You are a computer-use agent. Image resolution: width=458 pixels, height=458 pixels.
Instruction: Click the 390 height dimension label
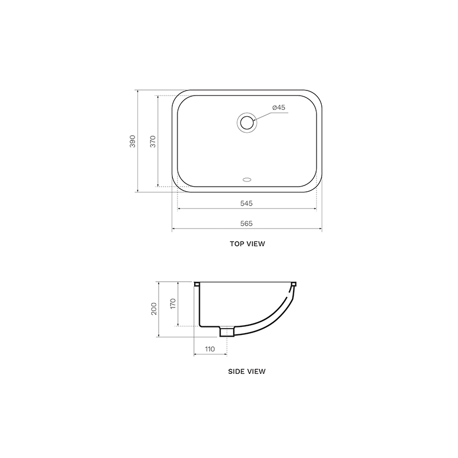click(132, 141)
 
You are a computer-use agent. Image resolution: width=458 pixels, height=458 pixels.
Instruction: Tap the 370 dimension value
click(152, 141)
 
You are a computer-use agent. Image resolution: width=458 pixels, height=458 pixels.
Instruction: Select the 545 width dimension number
click(247, 203)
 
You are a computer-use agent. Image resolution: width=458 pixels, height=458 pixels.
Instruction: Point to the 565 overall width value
click(247, 223)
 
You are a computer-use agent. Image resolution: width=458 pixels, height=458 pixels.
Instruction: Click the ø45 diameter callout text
click(279, 108)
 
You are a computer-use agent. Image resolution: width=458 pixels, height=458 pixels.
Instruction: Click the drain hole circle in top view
click(247, 122)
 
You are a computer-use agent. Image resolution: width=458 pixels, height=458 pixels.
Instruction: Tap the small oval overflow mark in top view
click(247, 179)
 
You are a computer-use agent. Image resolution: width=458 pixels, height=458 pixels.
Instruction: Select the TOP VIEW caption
click(247, 244)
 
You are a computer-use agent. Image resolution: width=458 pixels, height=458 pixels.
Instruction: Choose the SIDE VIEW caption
click(247, 371)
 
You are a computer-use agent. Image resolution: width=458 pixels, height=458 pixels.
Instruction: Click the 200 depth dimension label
click(153, 309)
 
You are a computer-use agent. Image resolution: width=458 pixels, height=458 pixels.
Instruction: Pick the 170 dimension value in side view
click(172, 304)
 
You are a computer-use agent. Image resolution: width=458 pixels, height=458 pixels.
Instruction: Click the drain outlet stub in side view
click(227, 332)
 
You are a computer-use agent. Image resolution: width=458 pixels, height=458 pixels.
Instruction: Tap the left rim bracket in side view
click(197, 284)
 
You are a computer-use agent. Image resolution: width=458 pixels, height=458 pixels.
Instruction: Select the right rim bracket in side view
click(294, 284)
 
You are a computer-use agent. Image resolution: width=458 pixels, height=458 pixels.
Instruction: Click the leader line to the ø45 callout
click(272, 114)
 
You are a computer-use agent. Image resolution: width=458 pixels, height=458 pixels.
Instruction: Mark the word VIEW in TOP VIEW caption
click(255, 244)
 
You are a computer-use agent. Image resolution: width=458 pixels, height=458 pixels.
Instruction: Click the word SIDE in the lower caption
click(236, 371)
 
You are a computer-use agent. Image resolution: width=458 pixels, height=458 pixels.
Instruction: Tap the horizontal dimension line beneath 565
click(247, 230)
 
